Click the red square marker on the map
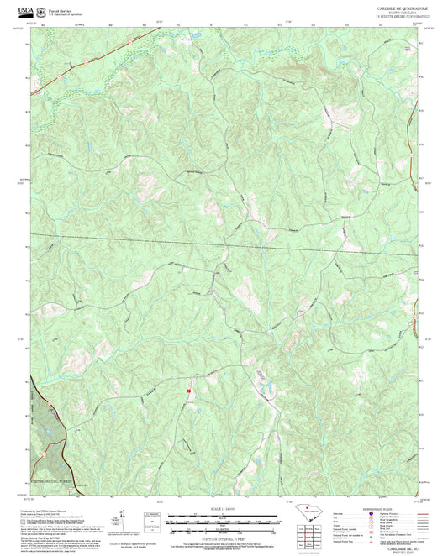[x=191, y=390]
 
